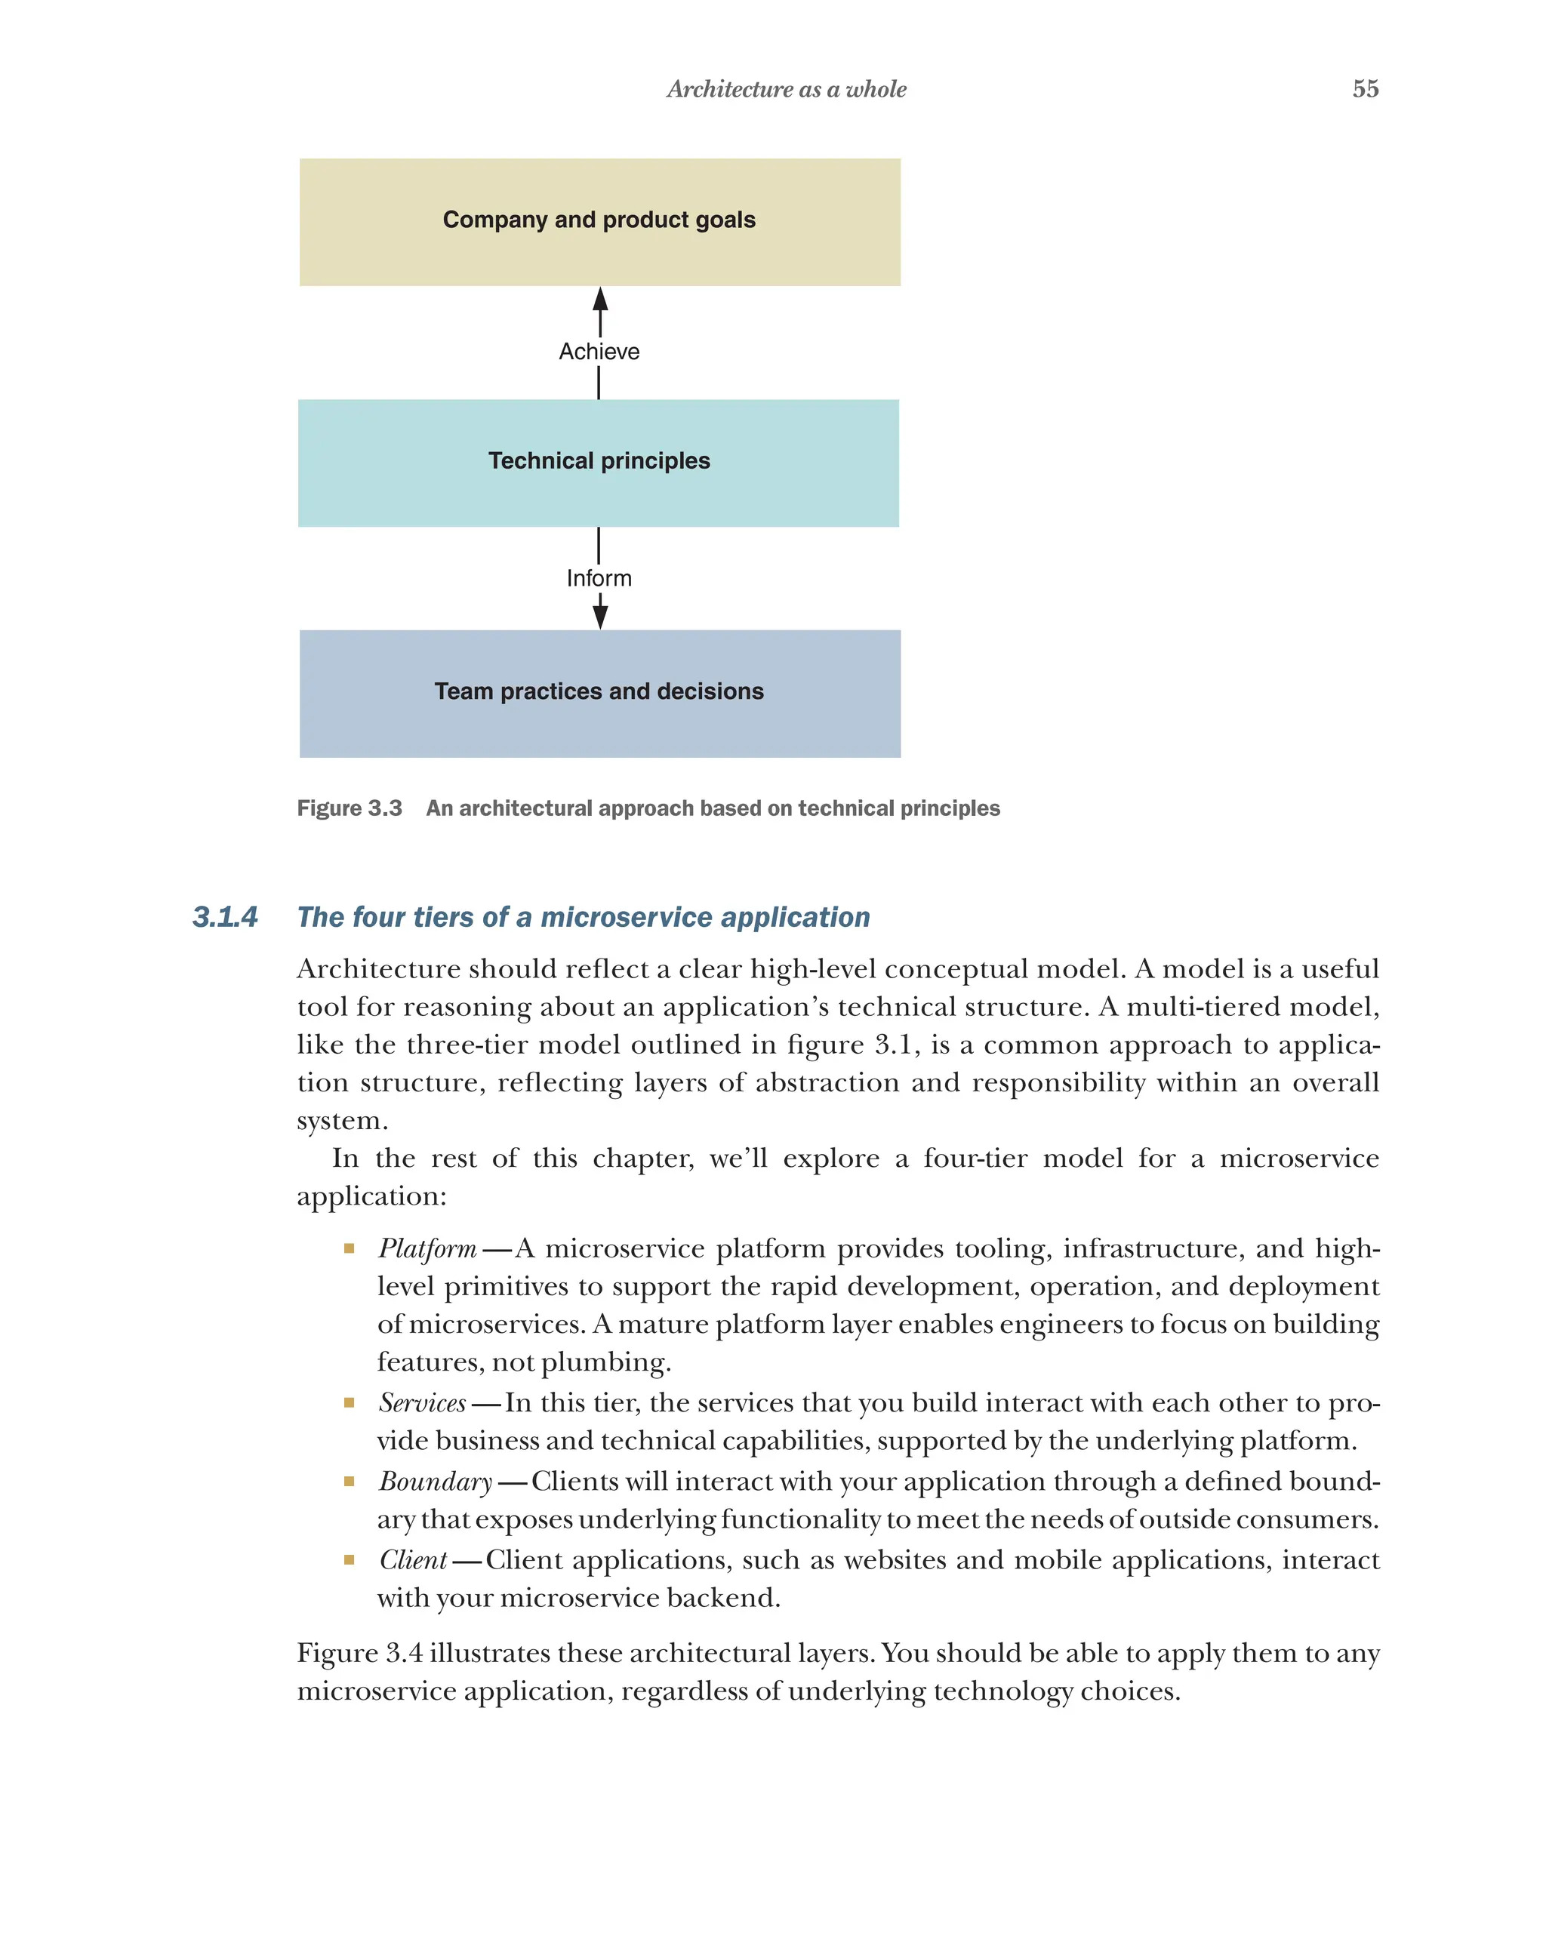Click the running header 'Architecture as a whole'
click(786, 89)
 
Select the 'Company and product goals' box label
click(599, 220)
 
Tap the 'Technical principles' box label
click(599, 460)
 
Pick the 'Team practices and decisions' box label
click(599, 691)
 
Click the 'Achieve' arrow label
click(599, 352)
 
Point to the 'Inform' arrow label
click(599, 578)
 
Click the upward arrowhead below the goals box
click(600, 300)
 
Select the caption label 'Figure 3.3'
click(349, 808)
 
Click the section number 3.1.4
click(225, 916)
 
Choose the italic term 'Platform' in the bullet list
click(427, 1248)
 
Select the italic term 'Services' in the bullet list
click(422, 1402)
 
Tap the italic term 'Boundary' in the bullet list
click(436, 1480)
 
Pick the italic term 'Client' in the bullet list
click(413, 1559)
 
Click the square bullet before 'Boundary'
click(349, 1481)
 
